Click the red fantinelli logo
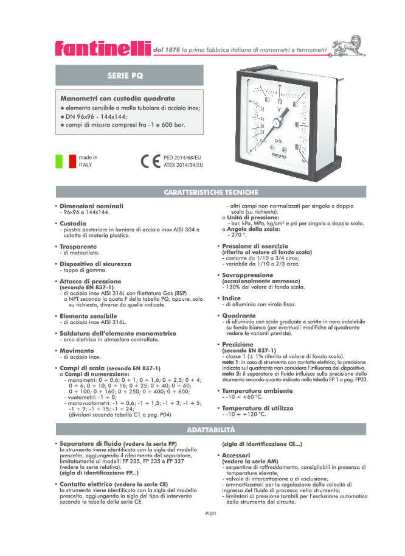[102, 48]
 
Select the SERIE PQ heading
[125, 76]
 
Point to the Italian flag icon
[66, 161]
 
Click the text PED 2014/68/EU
[183, 158]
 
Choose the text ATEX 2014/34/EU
[184, 165]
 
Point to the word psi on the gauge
[279, 142]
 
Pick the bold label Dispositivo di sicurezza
[95, 264]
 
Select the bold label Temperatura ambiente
[257, 390]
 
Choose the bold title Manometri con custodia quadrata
[117, 98]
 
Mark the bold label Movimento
[78, 351]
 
